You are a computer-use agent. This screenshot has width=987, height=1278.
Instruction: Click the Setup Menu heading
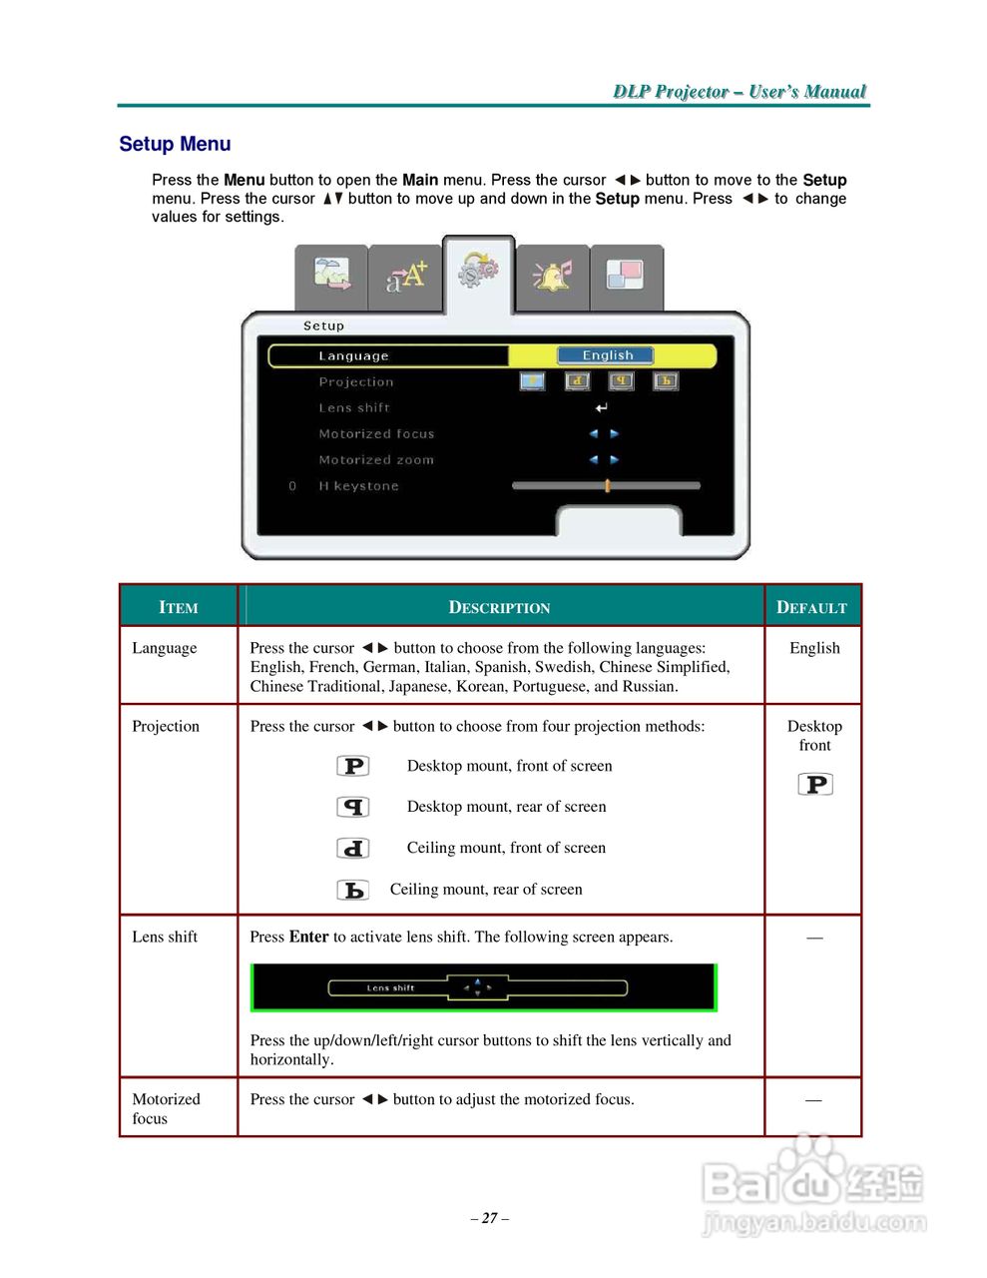(x=175, y=144)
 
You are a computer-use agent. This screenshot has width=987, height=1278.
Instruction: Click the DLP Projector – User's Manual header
(x=739, y=92)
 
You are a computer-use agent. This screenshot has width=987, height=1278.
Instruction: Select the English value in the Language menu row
(x=606, y=355)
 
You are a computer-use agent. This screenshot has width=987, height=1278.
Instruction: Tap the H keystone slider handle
(x=607, y=486)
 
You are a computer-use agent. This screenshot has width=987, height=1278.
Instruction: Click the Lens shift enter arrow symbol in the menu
(x=601, y=408)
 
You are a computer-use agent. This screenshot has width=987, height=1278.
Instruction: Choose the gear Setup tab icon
(x=478, y=271)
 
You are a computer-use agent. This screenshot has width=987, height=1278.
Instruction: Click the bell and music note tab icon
(x=552, y=276)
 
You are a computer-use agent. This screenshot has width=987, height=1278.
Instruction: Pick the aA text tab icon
(x=405, y=277)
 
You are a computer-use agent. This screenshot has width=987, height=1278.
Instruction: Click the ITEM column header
(x=179, y=607)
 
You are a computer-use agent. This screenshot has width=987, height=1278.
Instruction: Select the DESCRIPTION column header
(x=499, y=607)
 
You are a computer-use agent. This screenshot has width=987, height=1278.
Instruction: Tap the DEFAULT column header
(x=811, y=607)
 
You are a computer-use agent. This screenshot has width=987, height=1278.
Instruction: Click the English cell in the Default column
(x=814, y=648)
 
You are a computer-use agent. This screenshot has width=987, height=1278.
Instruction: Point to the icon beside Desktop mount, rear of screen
(x=353, y=807)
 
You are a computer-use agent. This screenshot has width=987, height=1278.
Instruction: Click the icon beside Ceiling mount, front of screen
(x=353, y=848)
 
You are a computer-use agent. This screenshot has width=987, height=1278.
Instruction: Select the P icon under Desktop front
(x=815, y=785)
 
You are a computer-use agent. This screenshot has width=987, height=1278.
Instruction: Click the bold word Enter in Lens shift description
(x=308, y=937)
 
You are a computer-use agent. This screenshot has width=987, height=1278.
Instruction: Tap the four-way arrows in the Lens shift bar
(x=477, y=988)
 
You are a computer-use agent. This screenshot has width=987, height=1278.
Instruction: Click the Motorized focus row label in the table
(x=166, y=1108)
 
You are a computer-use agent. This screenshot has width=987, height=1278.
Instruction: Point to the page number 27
(x=489, y=1218)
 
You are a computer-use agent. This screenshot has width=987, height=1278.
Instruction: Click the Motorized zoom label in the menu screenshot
(x=376, y=460)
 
